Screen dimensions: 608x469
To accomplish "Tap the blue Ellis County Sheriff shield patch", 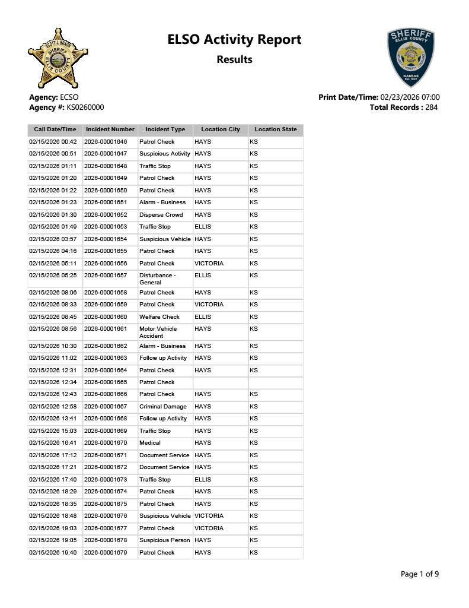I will coord(411,58).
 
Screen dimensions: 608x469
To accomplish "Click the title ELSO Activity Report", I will coord(234,40).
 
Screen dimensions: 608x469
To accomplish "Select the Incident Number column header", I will coord(110,129).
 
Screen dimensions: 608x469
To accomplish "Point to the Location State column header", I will coord(276,129).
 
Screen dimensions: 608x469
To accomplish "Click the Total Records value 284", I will coord(432,107).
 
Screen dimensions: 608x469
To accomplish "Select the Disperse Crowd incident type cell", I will coord(161,215).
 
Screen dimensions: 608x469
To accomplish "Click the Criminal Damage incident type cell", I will coord(163,407).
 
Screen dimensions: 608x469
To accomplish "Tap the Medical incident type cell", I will coord(150,443).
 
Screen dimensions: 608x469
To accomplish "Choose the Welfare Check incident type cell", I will coord(159,317).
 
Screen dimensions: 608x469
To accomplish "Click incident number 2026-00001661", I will coord(106,329).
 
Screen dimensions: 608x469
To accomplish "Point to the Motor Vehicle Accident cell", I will coord(158,332).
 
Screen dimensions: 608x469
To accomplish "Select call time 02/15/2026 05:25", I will coord(53,275).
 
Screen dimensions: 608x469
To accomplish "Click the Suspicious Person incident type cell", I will coord(165,540).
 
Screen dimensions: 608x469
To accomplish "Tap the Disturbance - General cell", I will coord(157,279).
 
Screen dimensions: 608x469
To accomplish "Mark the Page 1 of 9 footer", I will coord(420,574).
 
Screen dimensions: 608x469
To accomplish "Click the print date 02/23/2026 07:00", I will coord(410,97).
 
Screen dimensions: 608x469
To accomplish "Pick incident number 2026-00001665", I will coord(106,382).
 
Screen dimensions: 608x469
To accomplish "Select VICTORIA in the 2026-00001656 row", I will coord(209,264).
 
